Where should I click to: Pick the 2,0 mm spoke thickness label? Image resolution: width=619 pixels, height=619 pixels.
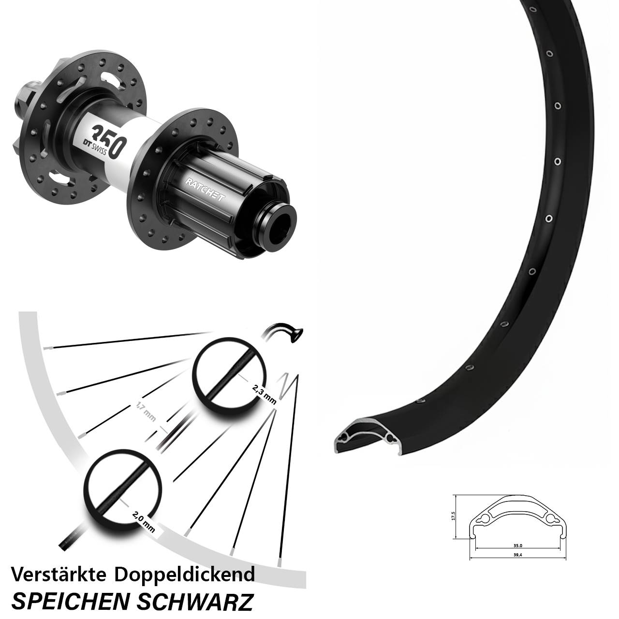144,522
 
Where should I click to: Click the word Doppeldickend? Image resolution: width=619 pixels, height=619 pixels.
184,575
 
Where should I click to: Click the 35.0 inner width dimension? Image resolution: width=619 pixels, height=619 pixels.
518,545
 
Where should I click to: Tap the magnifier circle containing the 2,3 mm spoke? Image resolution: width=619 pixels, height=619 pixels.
230,375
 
